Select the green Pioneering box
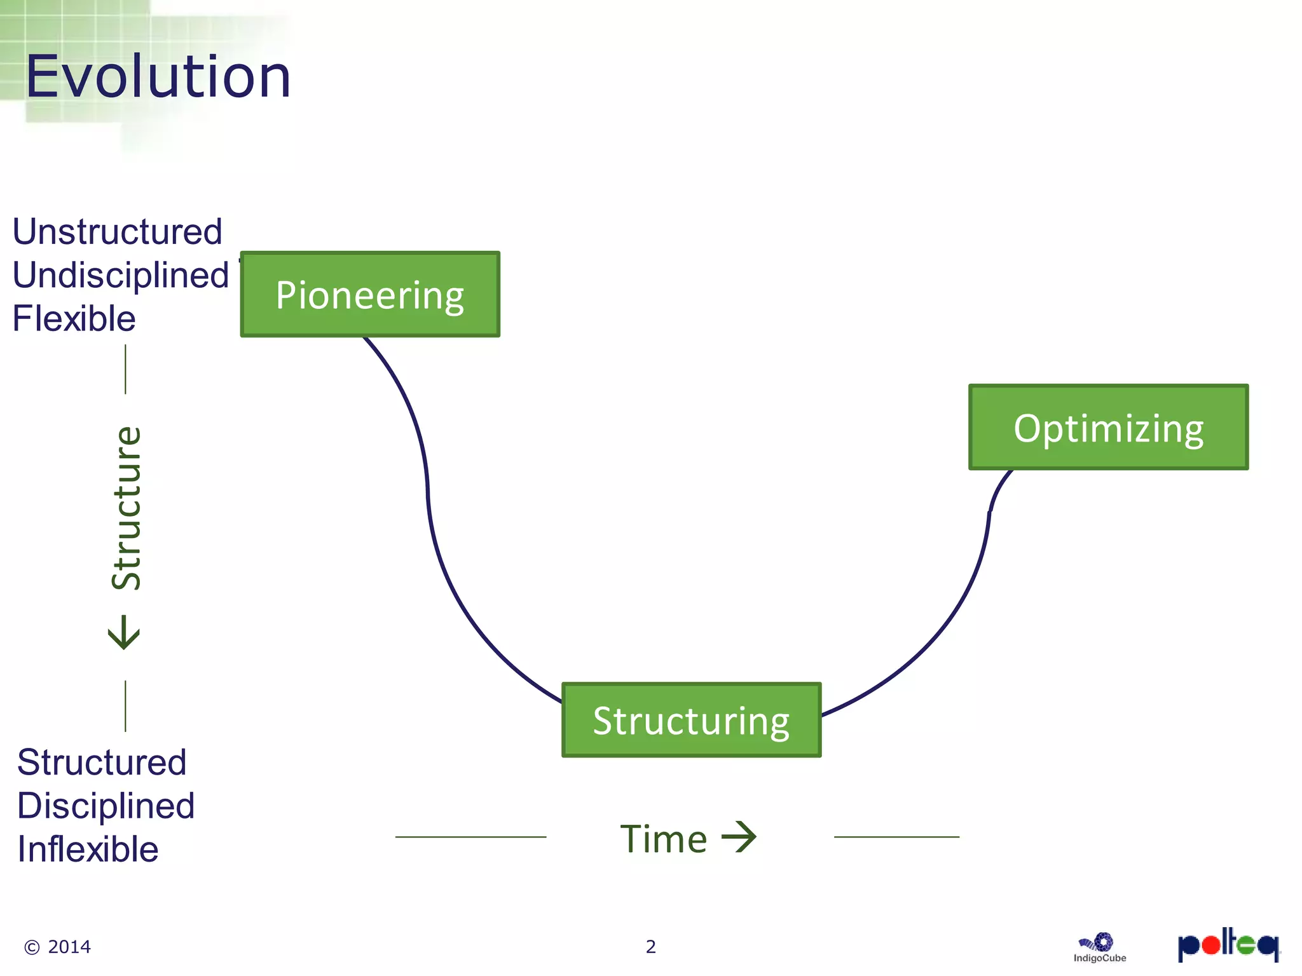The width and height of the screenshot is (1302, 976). [370, 294]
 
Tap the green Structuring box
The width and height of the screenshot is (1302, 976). [691, 720]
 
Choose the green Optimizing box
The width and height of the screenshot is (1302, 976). [1108, 427]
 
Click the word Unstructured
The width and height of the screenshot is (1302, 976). [118, 231]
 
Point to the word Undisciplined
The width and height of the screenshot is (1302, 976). [120, 275]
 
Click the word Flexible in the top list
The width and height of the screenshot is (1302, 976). [74, 318]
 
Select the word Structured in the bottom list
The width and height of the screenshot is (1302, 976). [102, 762]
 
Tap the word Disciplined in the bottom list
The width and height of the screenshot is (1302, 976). [106, 806]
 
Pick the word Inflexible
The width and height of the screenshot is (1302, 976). [88, 849]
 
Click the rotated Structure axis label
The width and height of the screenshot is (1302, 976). [126, 508]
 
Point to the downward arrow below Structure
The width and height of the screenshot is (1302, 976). [124, 632]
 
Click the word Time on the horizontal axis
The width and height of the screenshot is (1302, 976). [663, 839]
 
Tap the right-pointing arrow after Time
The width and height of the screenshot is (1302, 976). [739, 837]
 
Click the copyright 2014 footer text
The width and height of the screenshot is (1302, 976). [57, 947]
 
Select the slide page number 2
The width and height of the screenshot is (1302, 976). [650, 947]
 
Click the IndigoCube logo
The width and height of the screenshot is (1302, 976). [1099, 947]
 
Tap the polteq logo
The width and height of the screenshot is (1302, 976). [1228, 945]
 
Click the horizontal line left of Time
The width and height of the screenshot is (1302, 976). [470, 837]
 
